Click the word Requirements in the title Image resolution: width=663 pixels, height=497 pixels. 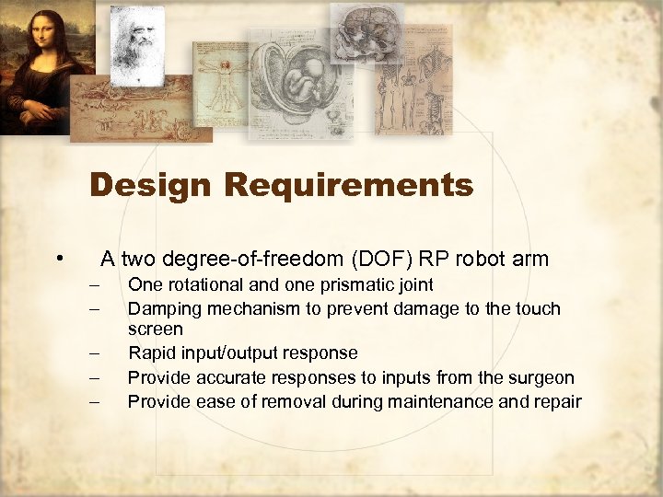[x=349, y=186]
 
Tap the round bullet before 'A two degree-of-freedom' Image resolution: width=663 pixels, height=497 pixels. [x=59, y=258]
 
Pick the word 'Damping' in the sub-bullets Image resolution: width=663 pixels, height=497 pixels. [x=162, y=308]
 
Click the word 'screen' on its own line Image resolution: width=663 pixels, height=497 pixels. [x=155, y=329]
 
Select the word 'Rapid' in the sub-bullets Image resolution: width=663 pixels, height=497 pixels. [x=149, y=353]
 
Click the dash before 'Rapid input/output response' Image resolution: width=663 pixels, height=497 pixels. [x=94, y=353]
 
